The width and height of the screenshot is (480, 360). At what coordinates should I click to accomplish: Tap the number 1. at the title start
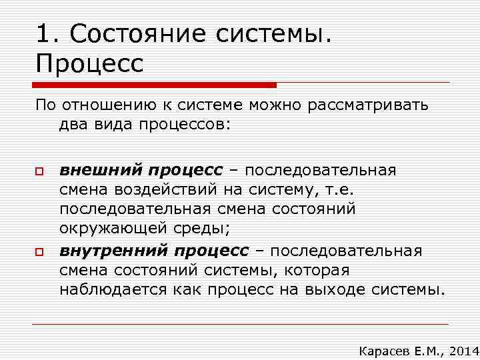coord(48,33)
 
